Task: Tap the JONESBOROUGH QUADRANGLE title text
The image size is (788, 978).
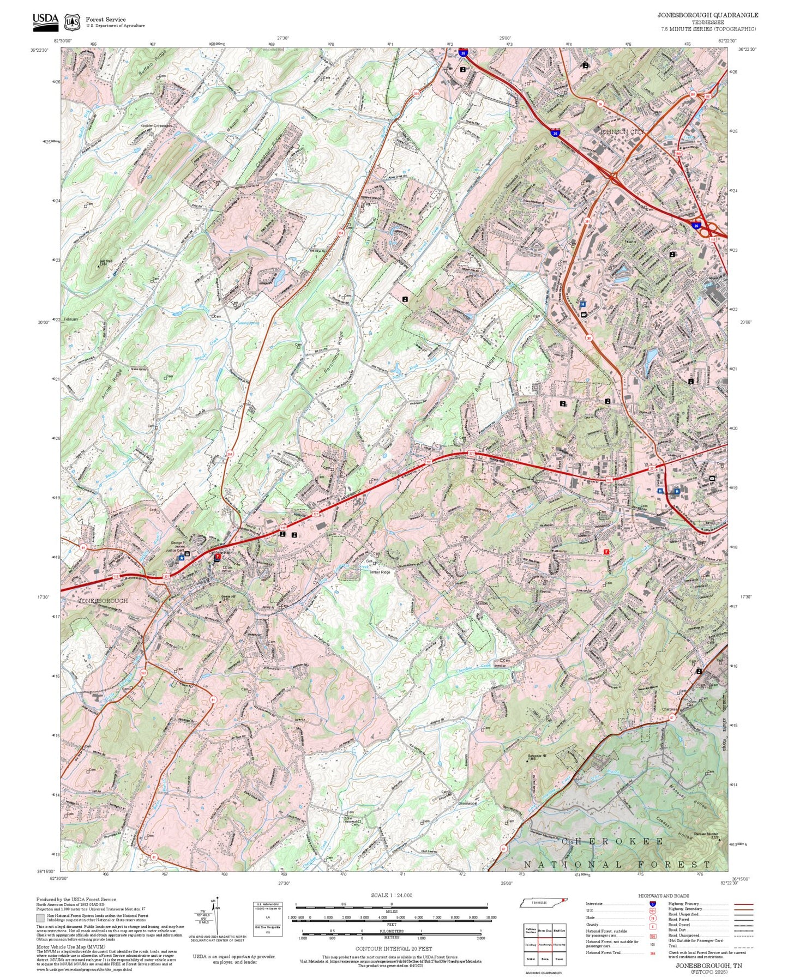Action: (x=707, y=15)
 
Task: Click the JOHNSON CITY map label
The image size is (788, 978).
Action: (x=622, y=132)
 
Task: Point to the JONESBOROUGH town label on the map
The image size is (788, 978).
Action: (x=103, y=600)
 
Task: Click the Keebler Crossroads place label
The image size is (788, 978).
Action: (x=156, y=126)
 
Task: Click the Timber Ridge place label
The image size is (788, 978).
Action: (x=380, y=572)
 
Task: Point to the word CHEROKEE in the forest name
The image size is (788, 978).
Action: (x=612, y=842)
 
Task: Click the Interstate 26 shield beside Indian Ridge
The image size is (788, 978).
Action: (x=555, y=132)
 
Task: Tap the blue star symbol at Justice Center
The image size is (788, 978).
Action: (x=182, y=558)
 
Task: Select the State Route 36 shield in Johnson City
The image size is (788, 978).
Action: (x=600, y=103)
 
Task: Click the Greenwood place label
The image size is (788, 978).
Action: (x=467, y=803)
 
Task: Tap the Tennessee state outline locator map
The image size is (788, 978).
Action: (x=543, y=903)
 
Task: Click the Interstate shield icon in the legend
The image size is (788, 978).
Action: (x=653, y=904)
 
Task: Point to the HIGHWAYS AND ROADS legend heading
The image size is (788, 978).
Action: (x=663, y=896)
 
